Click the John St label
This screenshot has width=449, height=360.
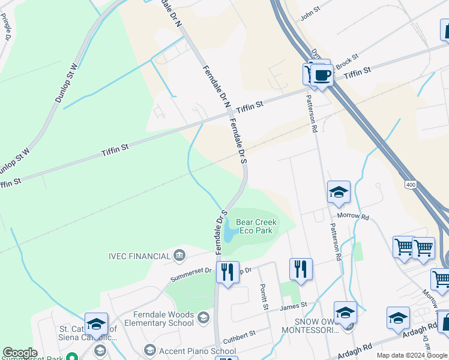(x=312, y=13)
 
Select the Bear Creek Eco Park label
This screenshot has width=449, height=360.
(x=256, y=226)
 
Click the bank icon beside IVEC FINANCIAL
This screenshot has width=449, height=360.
(x=179, y=256)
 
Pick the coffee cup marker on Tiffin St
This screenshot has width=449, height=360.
(x=322, y=76)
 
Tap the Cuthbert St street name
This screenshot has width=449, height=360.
(x=240, y=333)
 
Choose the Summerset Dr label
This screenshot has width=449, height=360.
(x=191, y=275)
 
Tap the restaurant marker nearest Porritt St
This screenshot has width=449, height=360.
(x=301, y=269)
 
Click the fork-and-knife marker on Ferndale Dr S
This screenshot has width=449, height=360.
(x=228, y=272)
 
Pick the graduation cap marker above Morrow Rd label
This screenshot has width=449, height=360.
(x=339, y=192)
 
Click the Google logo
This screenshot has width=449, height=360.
(x=20, y=353)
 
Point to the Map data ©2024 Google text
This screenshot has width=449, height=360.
(x=412, y=355)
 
